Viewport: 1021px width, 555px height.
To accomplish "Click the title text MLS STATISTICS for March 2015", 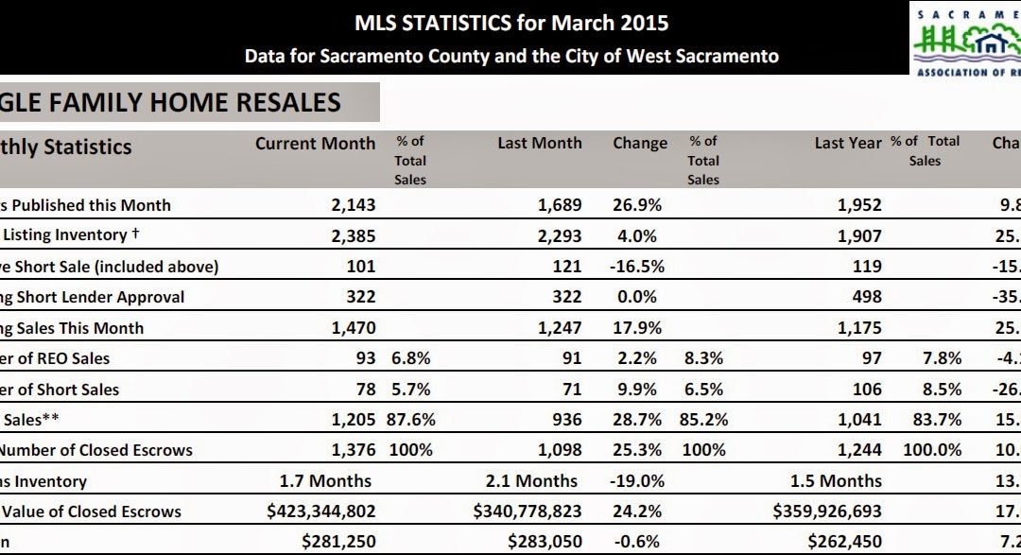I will coord(511,23).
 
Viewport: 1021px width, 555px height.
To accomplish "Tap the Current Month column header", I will coord(315,144).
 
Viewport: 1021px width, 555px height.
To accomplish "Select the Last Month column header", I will coord(540,144).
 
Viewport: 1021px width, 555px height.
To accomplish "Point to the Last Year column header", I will coord(848,144).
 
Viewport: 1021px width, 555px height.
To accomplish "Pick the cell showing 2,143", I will coord(353,205).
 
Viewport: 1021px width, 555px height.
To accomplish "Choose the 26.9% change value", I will coord(637,205).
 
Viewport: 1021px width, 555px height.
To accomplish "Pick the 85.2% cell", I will coord(703,420).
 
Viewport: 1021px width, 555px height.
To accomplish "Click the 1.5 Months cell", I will coord(836,481).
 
